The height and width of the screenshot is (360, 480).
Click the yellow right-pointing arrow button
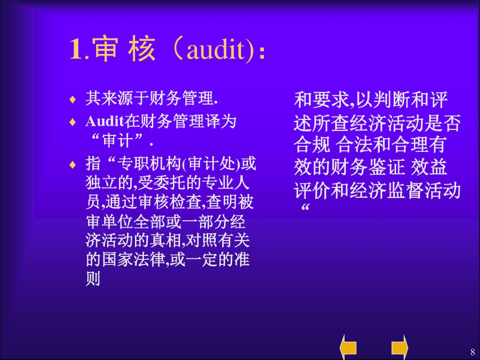(x=400, y=347)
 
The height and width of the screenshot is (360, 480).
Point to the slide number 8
(x=472, y=352)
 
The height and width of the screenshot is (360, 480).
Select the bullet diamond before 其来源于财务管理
(x=72, y=99)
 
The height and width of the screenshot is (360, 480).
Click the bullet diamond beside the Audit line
(x=72, y=122)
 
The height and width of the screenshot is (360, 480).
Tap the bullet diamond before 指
(x=72, y=165)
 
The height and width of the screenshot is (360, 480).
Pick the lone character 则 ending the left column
(x=93, y=279)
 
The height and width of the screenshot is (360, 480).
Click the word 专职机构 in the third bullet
(x=149, y=165)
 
